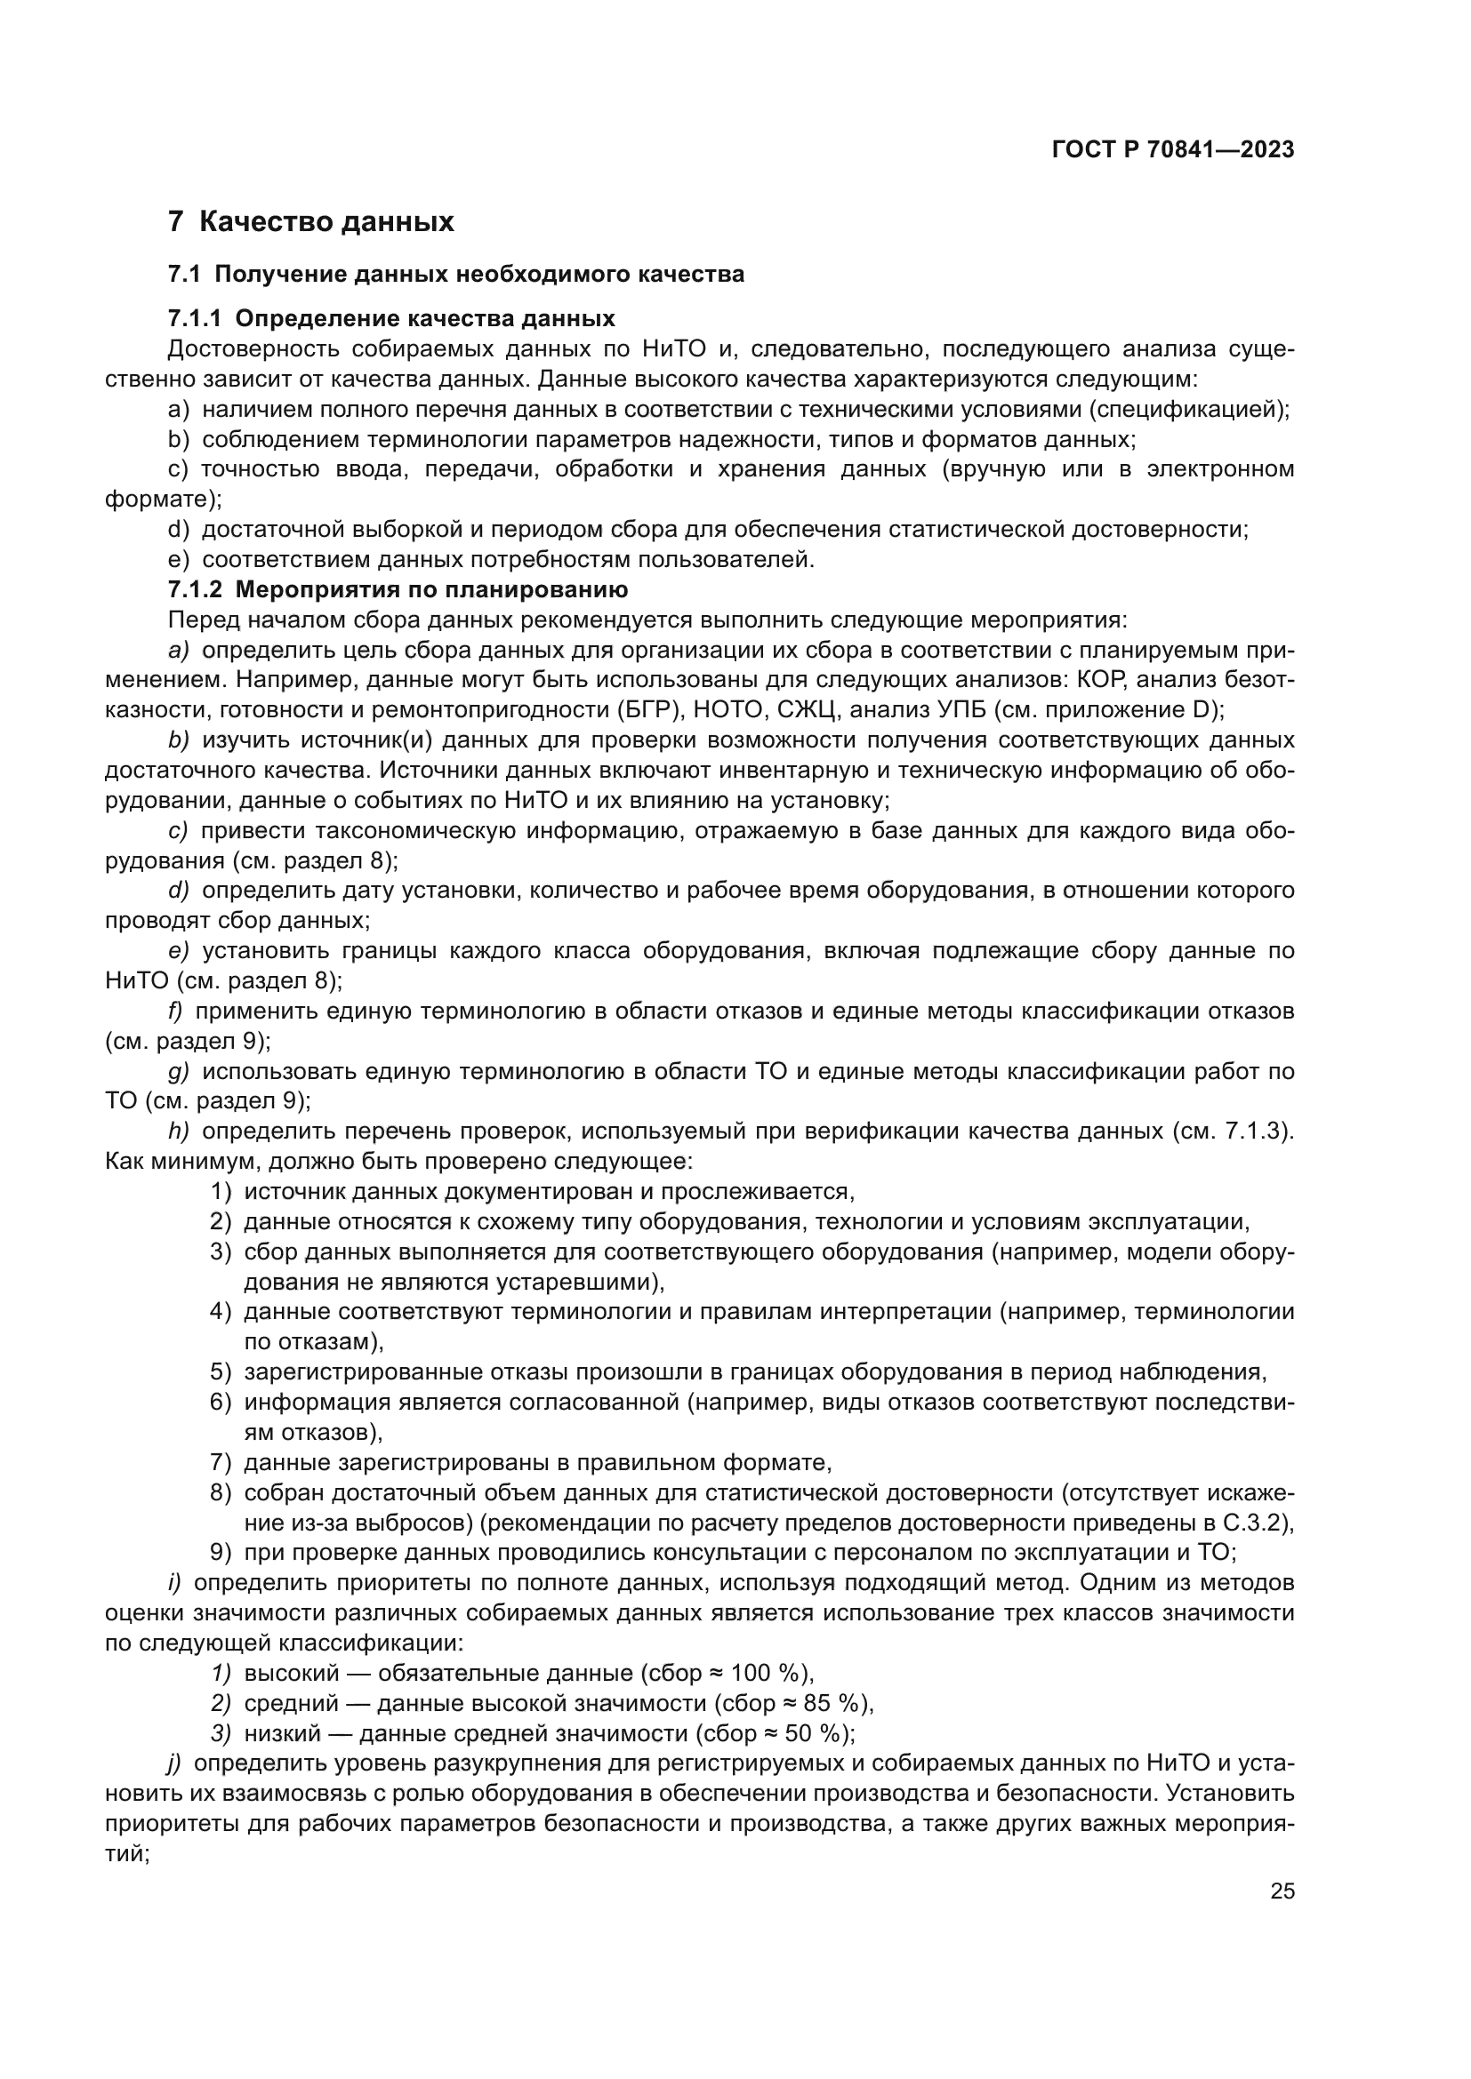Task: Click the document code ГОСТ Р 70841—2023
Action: tap(1172, 150)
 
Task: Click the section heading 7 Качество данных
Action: tap(310, 222)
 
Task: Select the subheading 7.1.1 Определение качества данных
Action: tap(391, 319)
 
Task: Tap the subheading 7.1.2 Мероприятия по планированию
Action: tap(398, 590)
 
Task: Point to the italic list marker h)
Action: tap(178, 1131)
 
